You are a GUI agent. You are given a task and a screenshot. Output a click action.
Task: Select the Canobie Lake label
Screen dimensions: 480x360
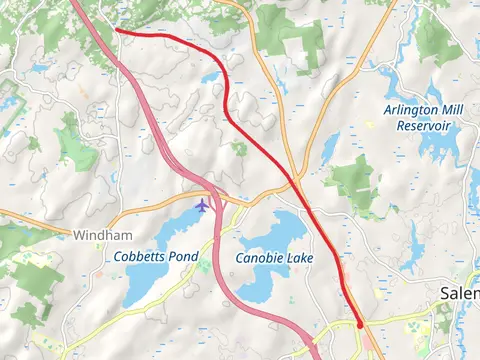click(x=274, y=258)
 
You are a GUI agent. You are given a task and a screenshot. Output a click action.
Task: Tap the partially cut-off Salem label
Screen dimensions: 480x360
click(x=460, y=293)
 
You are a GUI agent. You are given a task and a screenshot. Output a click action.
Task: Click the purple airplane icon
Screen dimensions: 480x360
click(x=203, y=205)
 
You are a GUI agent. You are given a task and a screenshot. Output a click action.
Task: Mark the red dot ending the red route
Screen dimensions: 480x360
click(x=360, y=325)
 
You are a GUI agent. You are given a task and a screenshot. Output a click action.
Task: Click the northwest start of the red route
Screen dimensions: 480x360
click(x=116, y=30)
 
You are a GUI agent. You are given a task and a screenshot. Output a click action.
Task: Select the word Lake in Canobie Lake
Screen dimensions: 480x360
click(x=299, y=258)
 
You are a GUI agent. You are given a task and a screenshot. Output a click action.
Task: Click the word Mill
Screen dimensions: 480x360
click(x=453, y=109)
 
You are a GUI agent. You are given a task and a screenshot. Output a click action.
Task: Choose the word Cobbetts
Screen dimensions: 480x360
click(x=139, y=257)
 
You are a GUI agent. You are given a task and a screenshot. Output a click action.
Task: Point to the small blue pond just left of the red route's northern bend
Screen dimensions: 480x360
click(x=211, y=77)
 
